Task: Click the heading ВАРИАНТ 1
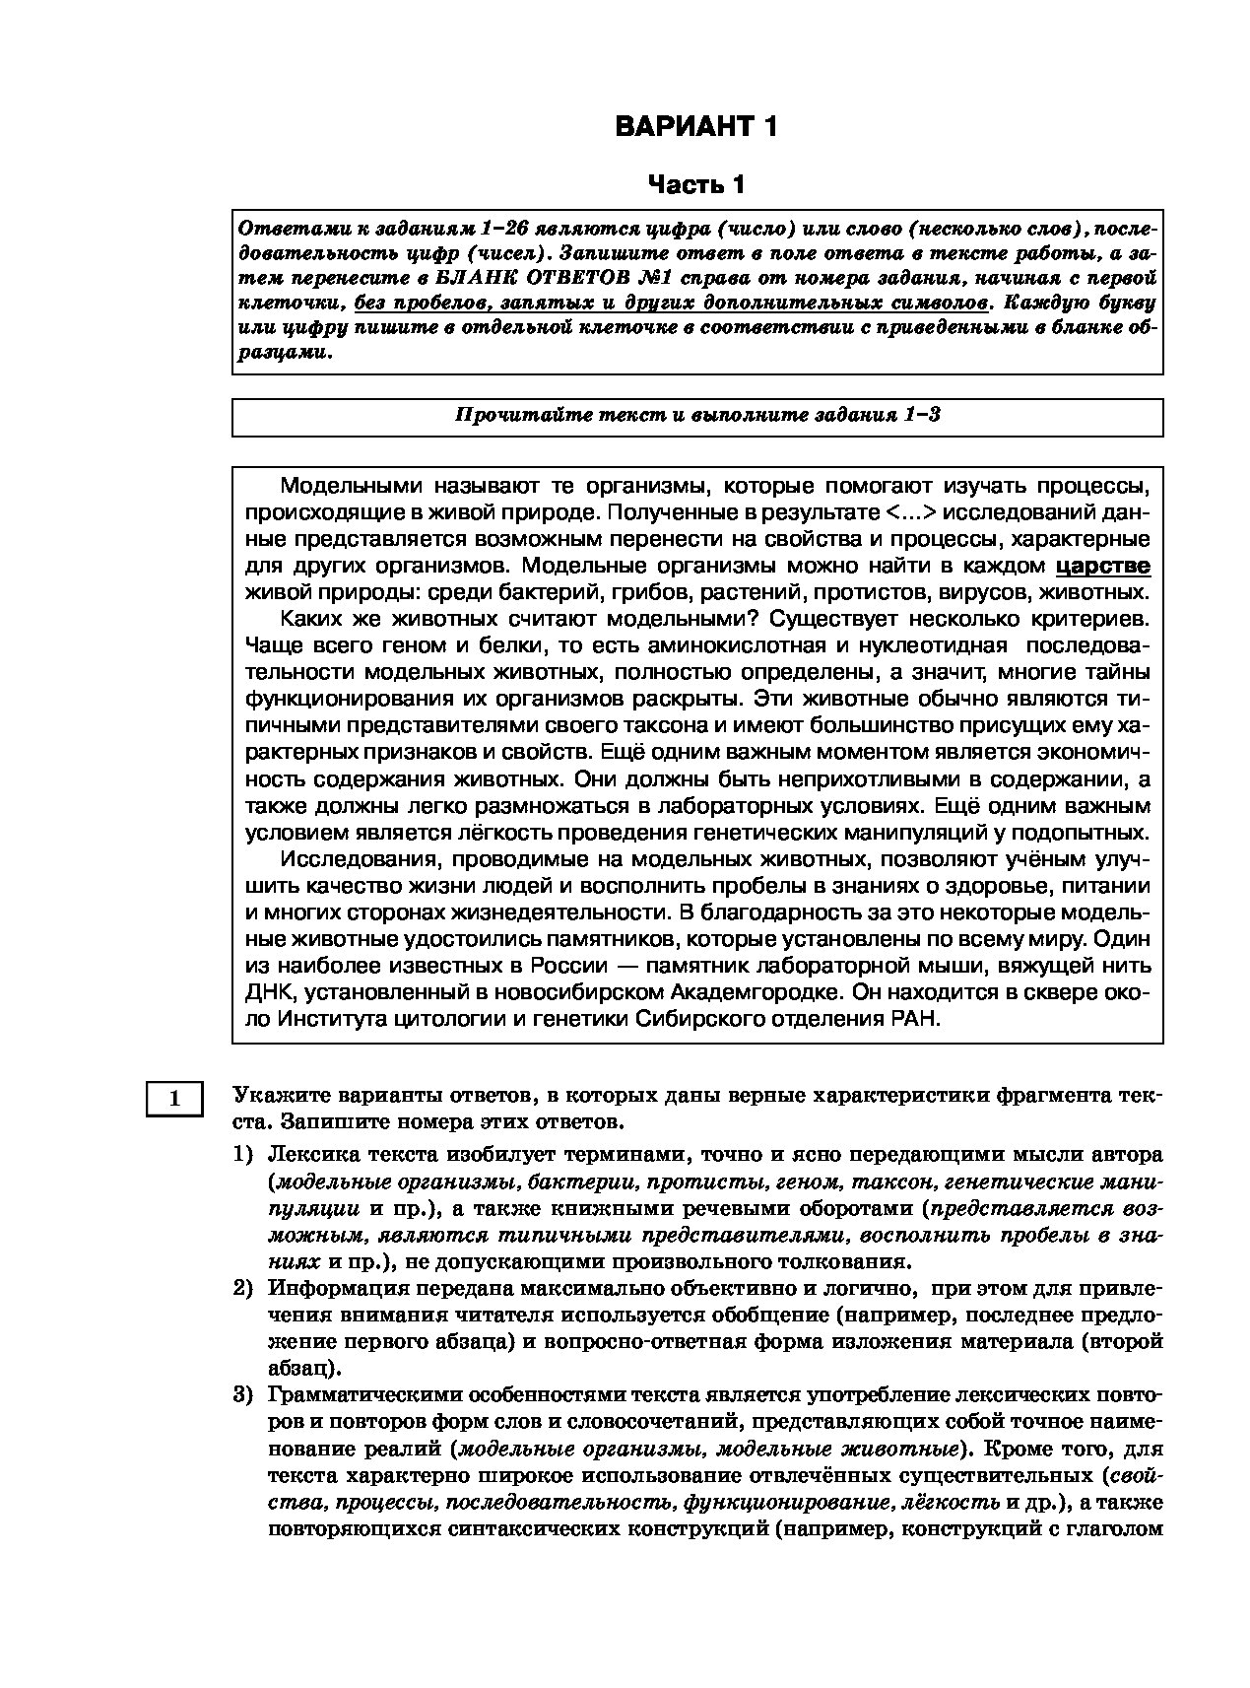(x=696, y=127)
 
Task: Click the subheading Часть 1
(x=696, y=184)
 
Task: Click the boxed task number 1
(x=174, y=1098)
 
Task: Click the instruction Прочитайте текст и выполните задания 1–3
(x=696, y=415)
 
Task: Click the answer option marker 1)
(x=243, y=1154)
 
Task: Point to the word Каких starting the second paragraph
(x=308, y=619)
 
